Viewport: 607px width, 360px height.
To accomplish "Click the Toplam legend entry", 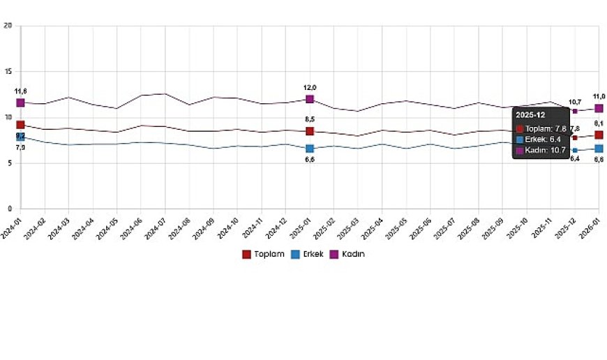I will pos(264,255).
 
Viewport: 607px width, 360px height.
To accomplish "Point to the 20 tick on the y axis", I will pos(8,26).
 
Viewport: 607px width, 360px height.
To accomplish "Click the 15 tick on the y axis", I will pos(8,72).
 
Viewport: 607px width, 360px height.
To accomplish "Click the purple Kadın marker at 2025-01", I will pos(310,99).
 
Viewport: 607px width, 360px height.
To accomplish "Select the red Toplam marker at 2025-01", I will pos(310,131).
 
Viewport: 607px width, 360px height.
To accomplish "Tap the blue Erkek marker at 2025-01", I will pos(310,149).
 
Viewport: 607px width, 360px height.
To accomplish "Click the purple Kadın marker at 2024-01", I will pos(21,103).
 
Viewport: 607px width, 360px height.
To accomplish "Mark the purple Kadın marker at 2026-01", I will pos(599,108).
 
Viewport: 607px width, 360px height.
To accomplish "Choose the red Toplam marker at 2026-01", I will pos(599,135).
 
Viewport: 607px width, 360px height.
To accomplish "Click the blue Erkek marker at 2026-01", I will pos(599,149).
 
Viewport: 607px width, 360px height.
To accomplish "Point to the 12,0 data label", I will pos(310,87).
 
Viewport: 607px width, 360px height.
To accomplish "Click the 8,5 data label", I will pos(310,119).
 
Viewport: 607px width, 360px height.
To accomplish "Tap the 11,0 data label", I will pos(599,96).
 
